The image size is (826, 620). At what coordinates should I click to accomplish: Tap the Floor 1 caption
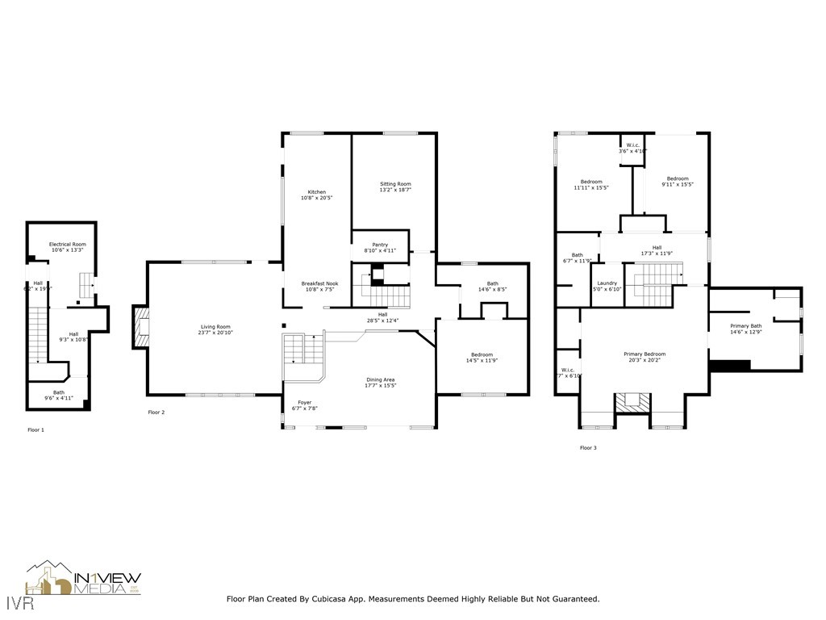tap(35, 430)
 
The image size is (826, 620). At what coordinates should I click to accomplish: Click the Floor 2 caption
tap(156, 413)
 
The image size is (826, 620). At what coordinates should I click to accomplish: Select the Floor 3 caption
tap(588, 447)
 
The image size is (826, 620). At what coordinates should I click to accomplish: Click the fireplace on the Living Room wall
tap(140, 327)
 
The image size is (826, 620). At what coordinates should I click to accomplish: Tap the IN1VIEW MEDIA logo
tap(84, 579)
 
